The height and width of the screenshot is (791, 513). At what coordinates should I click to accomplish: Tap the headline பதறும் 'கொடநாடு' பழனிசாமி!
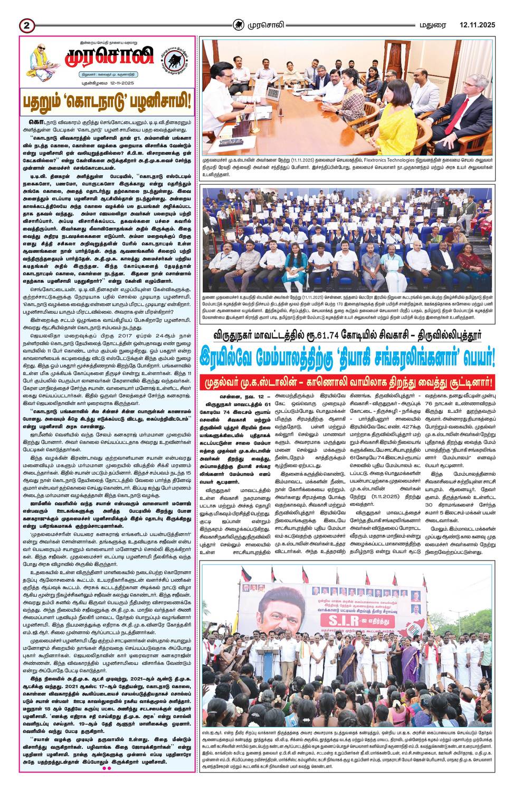[107, 100]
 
